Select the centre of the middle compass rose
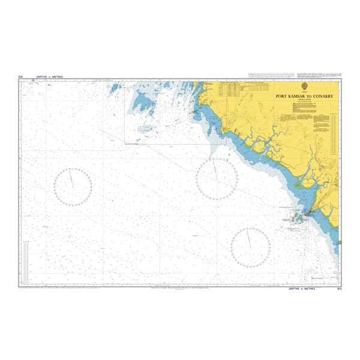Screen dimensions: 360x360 (x=217, y=179)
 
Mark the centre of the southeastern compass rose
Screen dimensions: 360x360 (x=251, y=247)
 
